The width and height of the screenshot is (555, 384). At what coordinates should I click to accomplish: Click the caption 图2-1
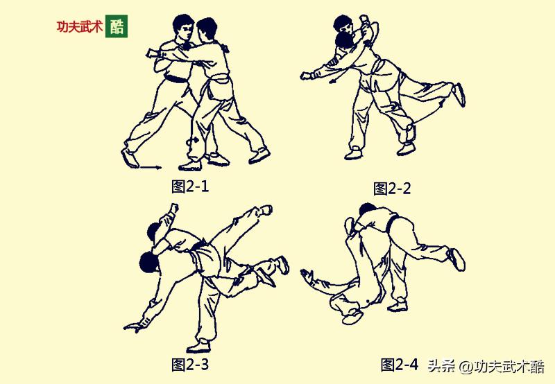pyautogui.click(x=189, y=186)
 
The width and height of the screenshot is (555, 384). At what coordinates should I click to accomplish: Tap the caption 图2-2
pyautogui.click(x=392, y=189)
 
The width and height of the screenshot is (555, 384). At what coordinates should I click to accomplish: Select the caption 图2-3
pyautogui.click(x=189, y=364)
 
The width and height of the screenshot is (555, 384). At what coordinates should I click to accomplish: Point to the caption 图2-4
pyautogui.click(x=400, y=365)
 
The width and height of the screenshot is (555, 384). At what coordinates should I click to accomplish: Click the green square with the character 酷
pyautogui.click(x=117, y=26)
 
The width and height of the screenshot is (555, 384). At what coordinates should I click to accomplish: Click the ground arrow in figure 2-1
pyautogui.click(x=149, y=167)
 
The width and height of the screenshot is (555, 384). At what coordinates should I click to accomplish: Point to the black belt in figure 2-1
pyautogui.click(x=175, y=78)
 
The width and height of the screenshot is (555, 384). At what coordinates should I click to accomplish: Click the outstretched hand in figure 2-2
pyautogui.click(x=306, y=75)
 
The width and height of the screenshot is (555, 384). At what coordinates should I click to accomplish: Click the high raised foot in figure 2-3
pyautogui.click(x=264, y=209)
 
